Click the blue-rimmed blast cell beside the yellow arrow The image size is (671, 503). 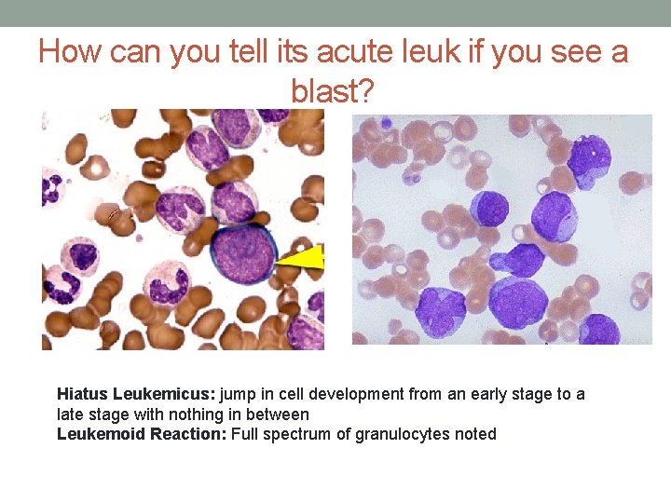pyautogui.click(x=243, y=254)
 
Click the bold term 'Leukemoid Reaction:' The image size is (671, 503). pyautogui.click(x=142, y=433)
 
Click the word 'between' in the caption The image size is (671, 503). pyautogui.click(x=280, y=414)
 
